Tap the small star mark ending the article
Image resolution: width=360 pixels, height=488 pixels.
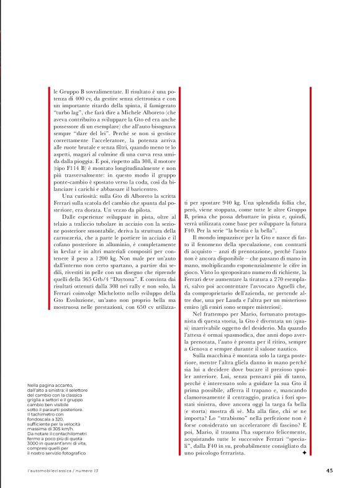pos(303,453)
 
